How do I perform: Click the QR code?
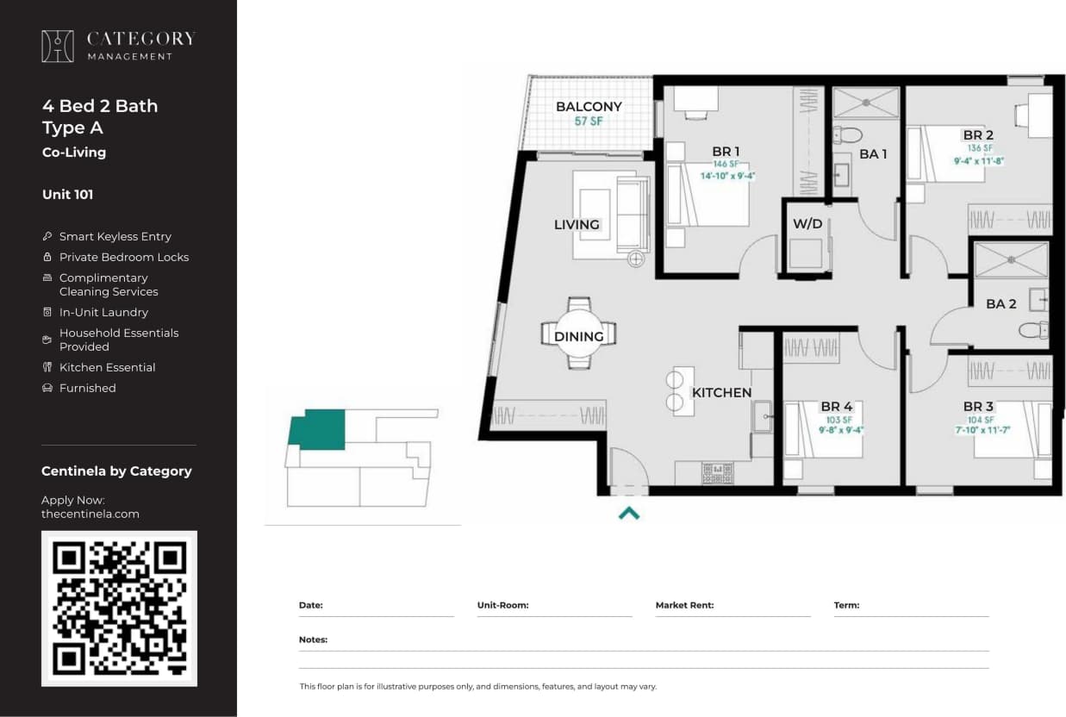[119, 608]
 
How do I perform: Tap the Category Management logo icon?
[58, 47]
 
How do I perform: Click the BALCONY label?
[589, 107]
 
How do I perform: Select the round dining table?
[578, 334]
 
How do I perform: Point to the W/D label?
[807, 224]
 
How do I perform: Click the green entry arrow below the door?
[629, 514]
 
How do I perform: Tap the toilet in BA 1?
[850, 134]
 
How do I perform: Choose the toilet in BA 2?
[1032, 330]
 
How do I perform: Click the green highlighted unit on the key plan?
[319, 428]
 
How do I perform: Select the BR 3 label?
[978, 407]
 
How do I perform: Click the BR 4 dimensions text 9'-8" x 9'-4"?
[840, 430]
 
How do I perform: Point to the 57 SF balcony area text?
[589, 122]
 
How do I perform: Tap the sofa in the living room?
[633, 214]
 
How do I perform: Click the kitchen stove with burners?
[717, 472]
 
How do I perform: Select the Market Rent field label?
[684, 605]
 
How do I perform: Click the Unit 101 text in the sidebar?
[67, 195]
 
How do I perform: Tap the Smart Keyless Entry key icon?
[47, 236]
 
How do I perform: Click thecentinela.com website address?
[90, 514]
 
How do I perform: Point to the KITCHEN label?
[721, 393]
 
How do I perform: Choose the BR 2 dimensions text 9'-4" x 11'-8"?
[978, 160]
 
